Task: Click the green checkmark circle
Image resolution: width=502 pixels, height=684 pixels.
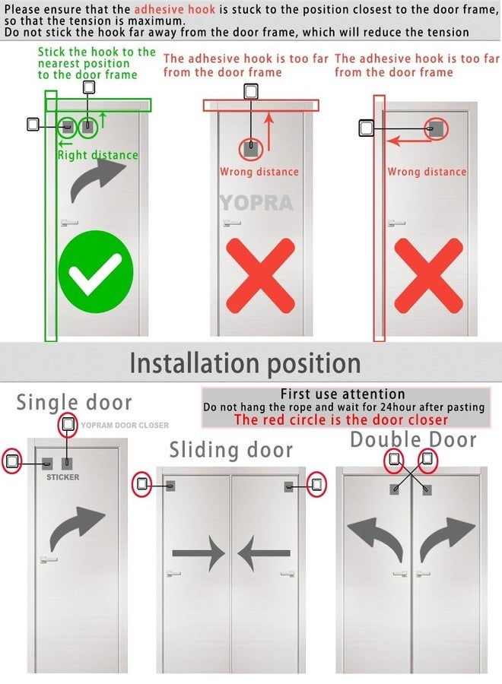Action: [96, 272]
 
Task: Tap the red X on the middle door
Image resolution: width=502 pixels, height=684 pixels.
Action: [261, 276]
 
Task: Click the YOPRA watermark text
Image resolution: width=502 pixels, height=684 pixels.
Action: [256, 203]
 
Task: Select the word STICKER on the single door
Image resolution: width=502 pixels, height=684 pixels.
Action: [63, 477]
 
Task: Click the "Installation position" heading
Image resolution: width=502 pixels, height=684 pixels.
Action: [246, 363]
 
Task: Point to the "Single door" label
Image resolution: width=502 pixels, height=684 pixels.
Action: [74, 402]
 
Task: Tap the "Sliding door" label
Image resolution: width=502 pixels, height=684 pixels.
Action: [231, 450]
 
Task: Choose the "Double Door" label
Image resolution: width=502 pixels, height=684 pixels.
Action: [413, 439]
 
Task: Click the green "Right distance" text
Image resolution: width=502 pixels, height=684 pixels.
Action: [98, 155]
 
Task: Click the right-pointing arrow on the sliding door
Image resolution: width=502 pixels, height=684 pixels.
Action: [199, 553]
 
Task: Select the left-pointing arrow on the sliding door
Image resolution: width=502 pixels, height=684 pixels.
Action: [264, 553]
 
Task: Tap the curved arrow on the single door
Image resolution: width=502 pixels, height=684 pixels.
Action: [76, 528]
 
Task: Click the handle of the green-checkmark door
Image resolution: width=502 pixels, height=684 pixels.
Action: [69, 223]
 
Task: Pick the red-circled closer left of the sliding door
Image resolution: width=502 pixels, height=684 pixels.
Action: [142, 484]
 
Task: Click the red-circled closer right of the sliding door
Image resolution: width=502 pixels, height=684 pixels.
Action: [316, 484]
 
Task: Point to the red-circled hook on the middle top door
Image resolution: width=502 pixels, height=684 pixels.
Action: [251, 149]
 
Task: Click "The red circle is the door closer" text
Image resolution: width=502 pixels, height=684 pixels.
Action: [341, 420]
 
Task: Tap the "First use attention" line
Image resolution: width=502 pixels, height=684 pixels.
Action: [343, 394]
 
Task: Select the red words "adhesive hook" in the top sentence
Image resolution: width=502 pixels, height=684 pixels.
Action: [175, 10]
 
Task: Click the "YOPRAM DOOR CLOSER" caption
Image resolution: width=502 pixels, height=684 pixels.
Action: [125, 425]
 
